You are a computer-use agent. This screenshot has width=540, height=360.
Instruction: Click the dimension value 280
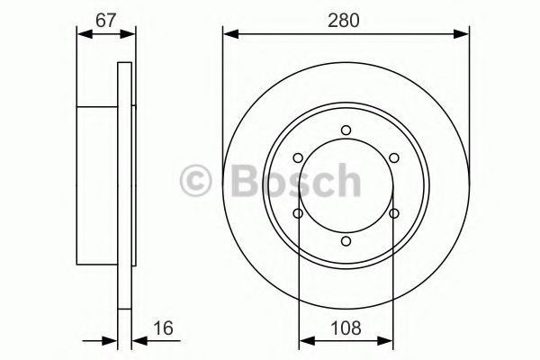[346, 20]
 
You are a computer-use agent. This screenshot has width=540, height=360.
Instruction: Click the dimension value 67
[106, 20]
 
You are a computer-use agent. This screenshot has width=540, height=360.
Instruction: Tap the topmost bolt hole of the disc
[346, 130]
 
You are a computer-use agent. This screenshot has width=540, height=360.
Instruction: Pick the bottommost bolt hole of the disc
[346, 240]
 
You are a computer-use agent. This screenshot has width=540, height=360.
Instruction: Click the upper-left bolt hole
[299, 158]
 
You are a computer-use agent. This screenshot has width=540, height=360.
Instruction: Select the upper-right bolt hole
[394, 158]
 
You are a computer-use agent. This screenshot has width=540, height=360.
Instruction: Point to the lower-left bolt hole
[299, 213]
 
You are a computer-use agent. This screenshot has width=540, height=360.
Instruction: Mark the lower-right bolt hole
[394, 213]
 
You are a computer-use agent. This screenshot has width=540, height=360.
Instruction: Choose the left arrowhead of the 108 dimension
[303, 341]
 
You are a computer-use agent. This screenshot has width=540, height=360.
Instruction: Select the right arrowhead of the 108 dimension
[390, 341]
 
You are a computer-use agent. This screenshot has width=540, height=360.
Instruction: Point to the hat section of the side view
[98, 185]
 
